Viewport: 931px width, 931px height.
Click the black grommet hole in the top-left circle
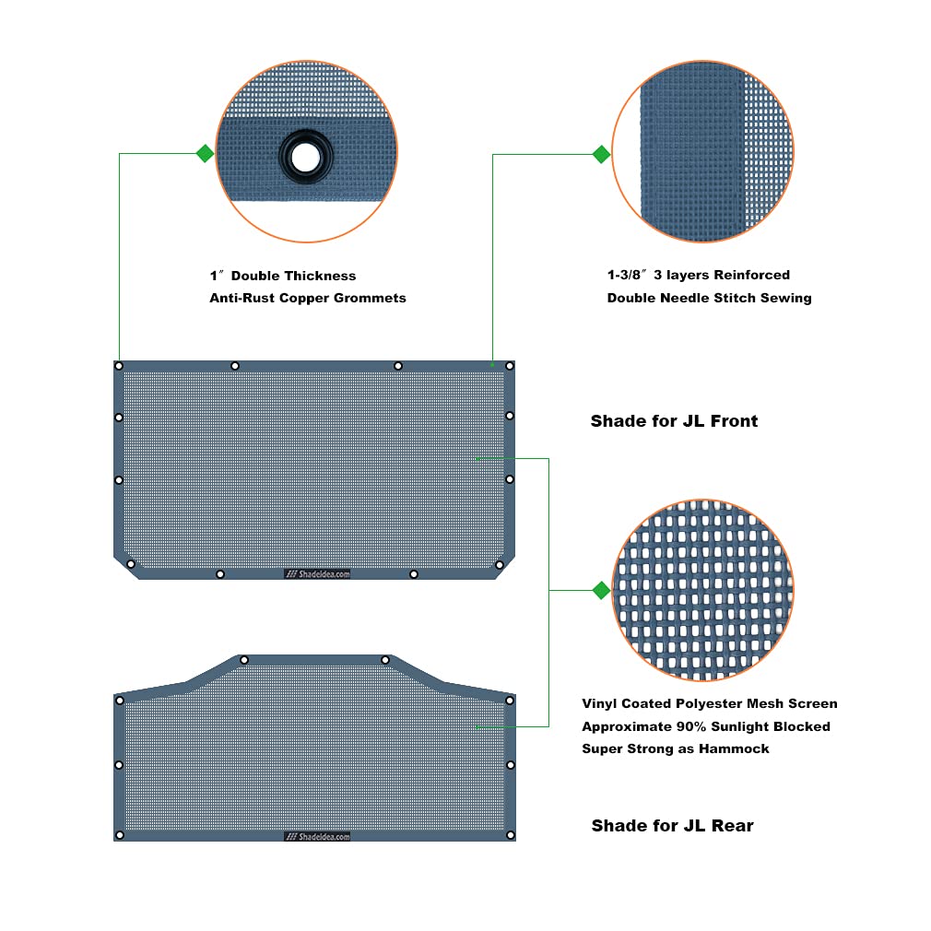coord(306,158)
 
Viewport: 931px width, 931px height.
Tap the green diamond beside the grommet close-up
coord(205,154)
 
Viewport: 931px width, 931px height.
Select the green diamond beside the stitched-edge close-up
coord(602,154)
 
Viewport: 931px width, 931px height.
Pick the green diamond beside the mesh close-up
coord(602,590)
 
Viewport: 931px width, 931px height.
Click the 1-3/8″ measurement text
coord(627,275)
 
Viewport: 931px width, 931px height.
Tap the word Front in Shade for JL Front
coord(734,421)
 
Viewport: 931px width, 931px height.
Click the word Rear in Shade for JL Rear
coord(732,826)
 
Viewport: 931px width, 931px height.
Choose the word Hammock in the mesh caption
coord(734,749)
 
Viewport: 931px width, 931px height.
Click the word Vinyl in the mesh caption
coord(599,703)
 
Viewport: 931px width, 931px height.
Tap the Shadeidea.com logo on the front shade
coord(317,574)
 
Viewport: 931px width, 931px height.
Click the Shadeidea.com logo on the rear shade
coord(317,837)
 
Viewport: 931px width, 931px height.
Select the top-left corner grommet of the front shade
coord(119,366)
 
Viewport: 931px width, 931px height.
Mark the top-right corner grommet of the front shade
coord(510,366)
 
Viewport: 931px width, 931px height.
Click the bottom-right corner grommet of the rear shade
coord(510,835)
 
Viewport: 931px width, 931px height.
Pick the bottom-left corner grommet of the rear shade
coord(119,835)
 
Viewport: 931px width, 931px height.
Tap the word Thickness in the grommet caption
coord(323,276)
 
